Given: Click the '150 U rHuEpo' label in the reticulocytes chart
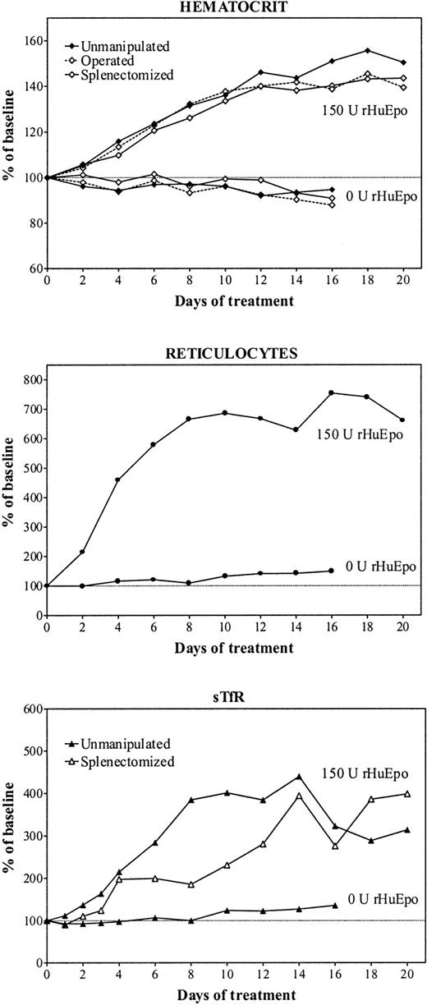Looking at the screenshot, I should tap(359, 435).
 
